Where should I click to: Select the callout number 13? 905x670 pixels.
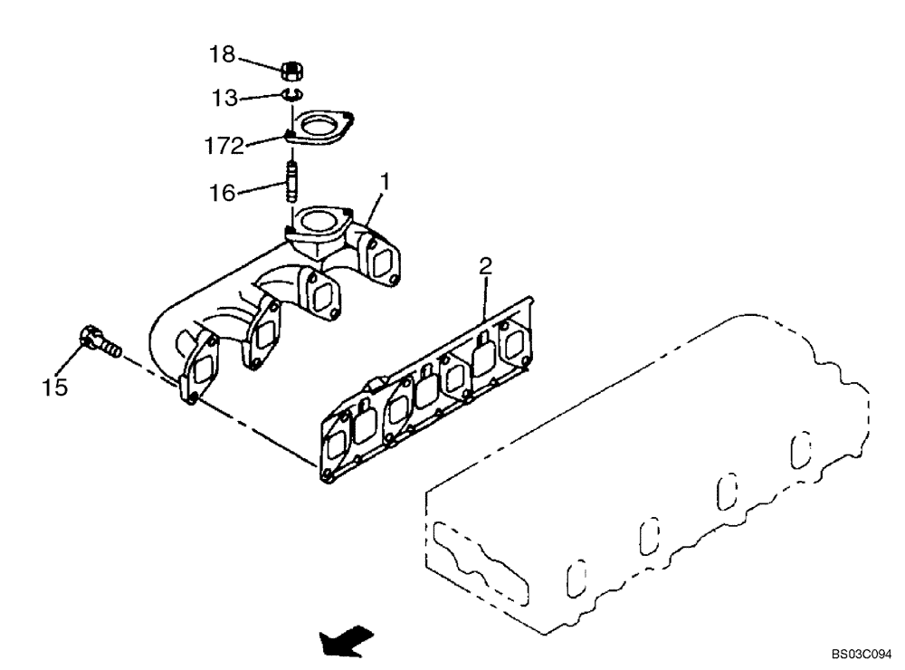tap(224, 98)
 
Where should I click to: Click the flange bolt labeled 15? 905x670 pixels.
tap(97, 342)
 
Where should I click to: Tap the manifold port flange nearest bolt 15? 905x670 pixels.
tap(201, 367)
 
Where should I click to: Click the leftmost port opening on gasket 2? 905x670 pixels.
tap(337, 445)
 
